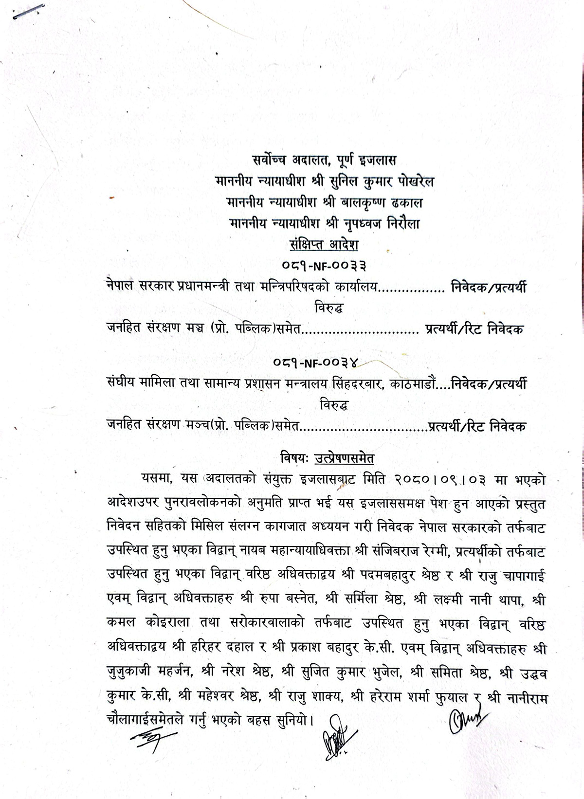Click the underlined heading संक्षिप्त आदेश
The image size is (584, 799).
(x=324, y=245)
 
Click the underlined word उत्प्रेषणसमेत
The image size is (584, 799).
(x=344, y=458)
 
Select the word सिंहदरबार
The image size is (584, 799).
(x=357, y=384)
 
